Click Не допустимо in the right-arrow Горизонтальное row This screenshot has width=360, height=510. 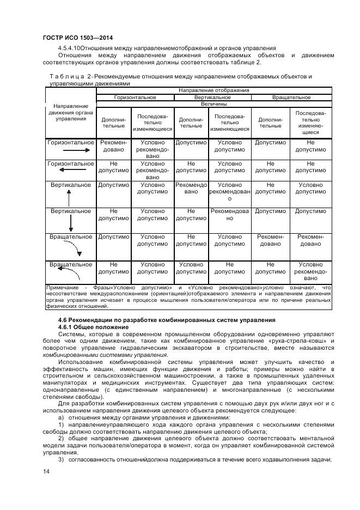pos(310,145)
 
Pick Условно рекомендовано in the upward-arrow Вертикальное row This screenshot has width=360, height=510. pos(229,192)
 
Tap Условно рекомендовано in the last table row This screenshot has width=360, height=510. pos(310,271)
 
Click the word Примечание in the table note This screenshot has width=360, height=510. pos(62,287)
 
